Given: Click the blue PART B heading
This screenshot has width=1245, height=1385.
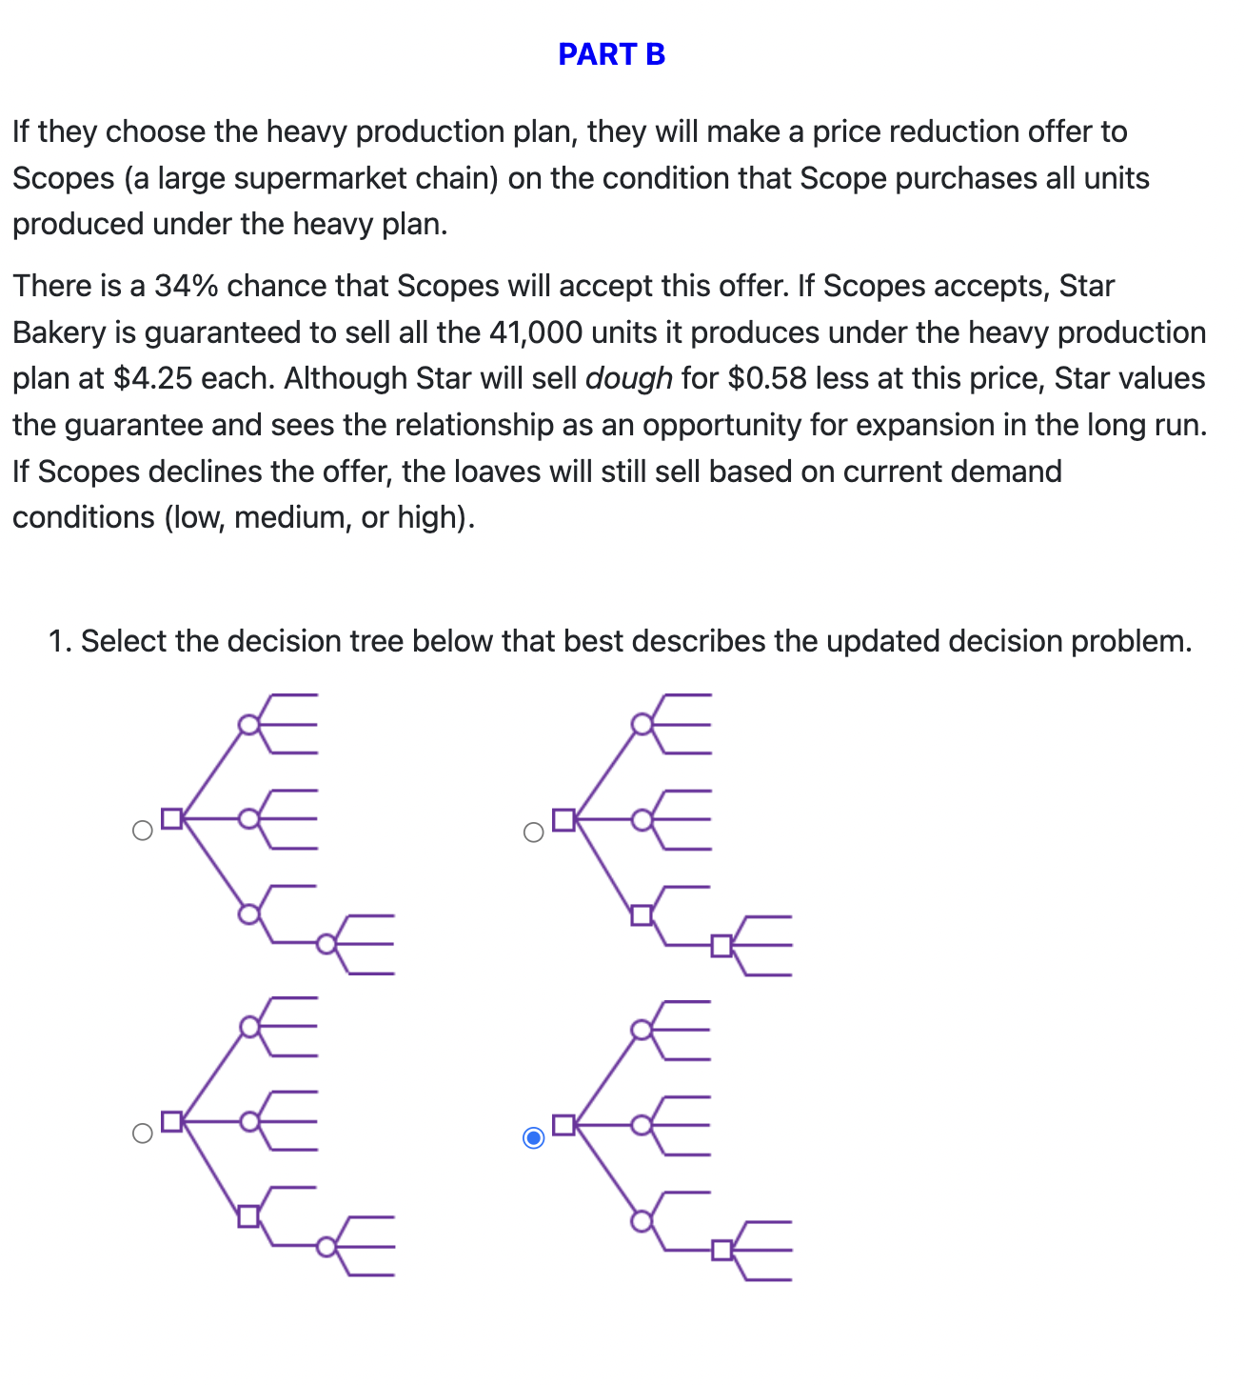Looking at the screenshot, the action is [x=611, y=54].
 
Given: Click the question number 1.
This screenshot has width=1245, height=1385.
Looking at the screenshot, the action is [x=59, y=641].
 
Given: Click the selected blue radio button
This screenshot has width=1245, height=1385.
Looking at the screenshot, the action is [x=534, y=1137].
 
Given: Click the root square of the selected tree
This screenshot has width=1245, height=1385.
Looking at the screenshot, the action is [x=563, y=1125].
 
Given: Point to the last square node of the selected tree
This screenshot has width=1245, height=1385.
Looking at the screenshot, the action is [x=721, y=1249].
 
